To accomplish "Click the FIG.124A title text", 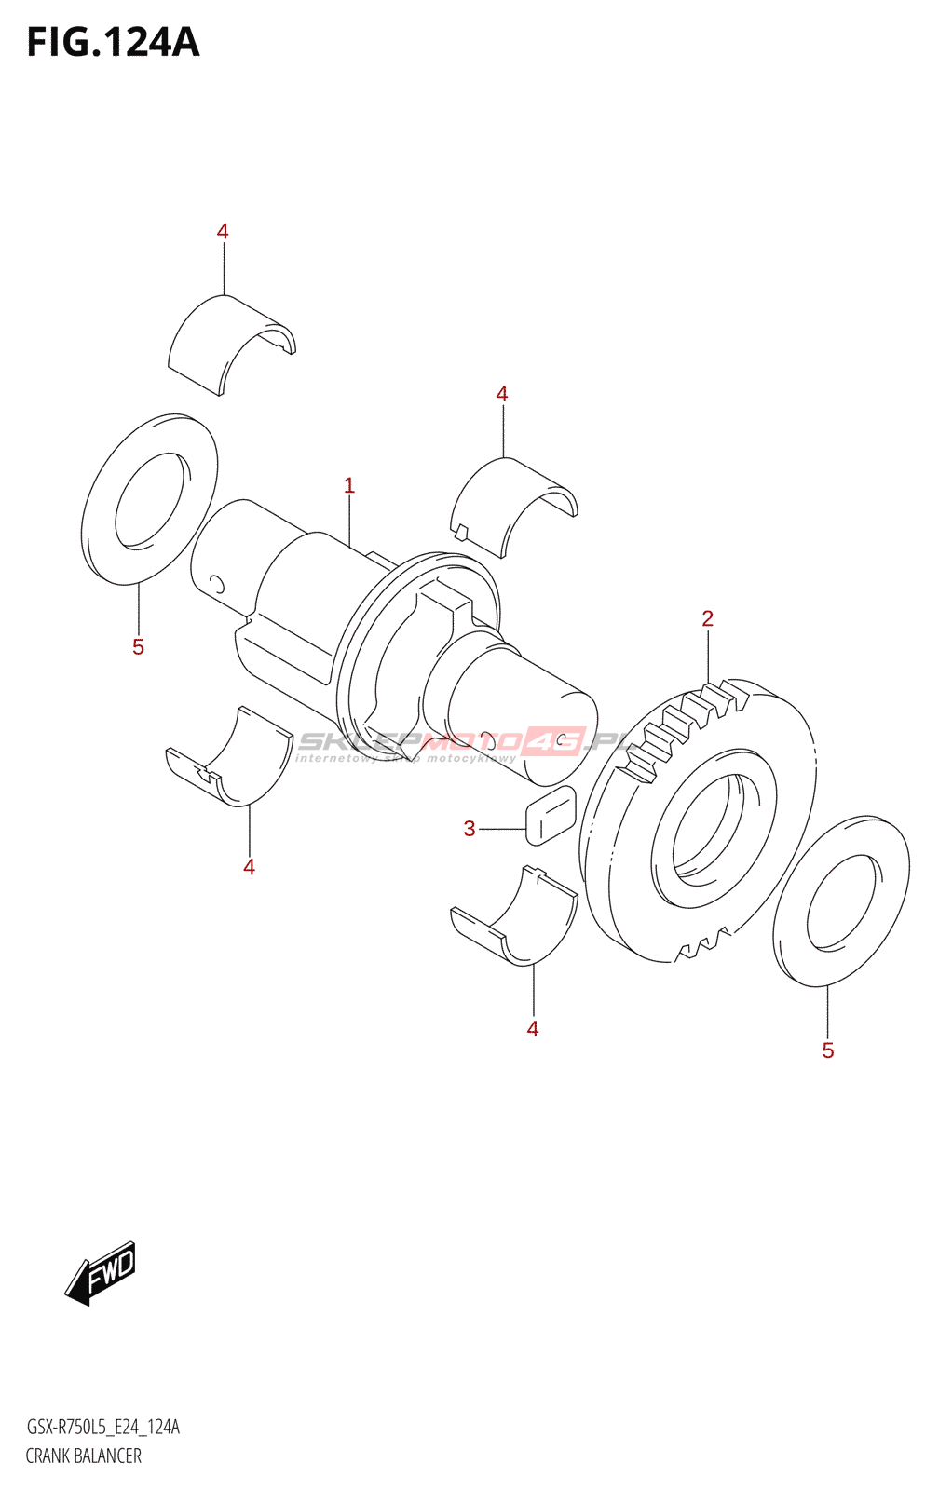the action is [113, 43].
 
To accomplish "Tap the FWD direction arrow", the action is [101, 1272].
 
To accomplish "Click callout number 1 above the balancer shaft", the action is [349, 485].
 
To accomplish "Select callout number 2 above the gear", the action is [708, 618].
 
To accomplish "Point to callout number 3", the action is [469, 828].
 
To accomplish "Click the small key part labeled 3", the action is [551, 815].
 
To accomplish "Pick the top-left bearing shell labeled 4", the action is [228, 345].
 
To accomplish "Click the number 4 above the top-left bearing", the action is [223, 231].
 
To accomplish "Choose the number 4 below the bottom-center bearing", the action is [533, 1029].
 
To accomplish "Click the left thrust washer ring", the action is [149, 499].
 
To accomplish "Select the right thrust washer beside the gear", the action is [841, 900].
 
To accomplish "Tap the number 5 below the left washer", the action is [138, 647].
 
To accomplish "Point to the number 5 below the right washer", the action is [828, 1050].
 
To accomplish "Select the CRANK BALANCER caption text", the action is [84, 1456].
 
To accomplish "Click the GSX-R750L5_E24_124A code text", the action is [102, 1427].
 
